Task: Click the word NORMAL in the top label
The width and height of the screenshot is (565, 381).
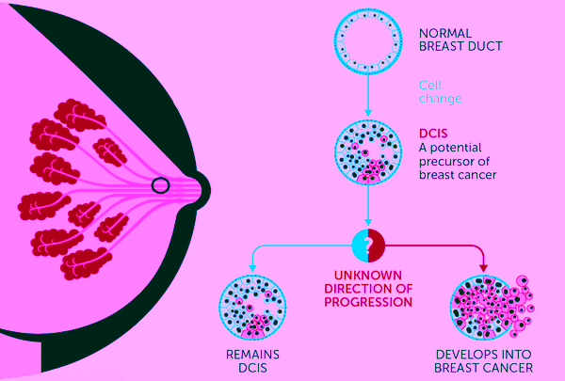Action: [445, 34]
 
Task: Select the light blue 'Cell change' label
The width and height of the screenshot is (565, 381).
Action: [440, 92]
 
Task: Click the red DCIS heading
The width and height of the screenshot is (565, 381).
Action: [433, 134]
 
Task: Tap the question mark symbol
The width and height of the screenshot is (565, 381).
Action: [367, 246]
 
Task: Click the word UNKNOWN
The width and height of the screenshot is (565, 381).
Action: [368, 275]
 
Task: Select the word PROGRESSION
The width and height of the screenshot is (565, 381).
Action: [368, 302]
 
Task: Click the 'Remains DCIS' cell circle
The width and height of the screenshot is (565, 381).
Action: [252, 307]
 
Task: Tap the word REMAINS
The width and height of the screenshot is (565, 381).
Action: [252, 355]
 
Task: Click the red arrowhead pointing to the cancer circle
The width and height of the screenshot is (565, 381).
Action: [484, 267]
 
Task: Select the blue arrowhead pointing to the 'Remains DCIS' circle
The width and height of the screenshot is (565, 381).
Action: [252, 268]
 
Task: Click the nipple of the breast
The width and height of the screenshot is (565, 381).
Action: [202, 190]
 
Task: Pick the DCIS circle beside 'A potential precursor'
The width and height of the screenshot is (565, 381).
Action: [368, 152]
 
